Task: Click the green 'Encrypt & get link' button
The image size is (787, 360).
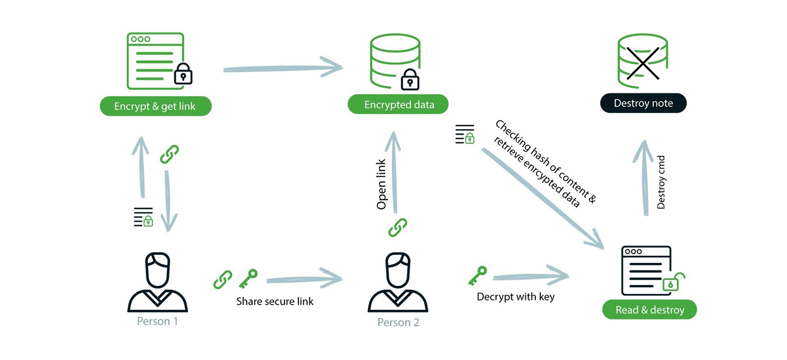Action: [156, 106]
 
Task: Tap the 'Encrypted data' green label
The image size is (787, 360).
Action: [398, 105]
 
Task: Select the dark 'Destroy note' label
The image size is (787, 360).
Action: [643, 103]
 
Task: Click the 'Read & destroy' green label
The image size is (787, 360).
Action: [650, 310]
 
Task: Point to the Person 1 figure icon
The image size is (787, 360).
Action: [158, 283]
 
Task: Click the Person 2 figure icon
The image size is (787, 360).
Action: [398, 283]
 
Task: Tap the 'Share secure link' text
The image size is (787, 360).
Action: [275, 301]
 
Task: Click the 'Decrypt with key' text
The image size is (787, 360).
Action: [516, 297]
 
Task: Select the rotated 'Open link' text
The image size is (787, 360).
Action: [381, 184]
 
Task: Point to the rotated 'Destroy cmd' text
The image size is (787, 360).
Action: [661, 182]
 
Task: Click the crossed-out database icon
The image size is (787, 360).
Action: [643, 61]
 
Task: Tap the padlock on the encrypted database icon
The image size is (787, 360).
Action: [410, 80]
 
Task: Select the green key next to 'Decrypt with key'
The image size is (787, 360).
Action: [478, 276]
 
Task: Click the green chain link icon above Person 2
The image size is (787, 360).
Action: [398, 228]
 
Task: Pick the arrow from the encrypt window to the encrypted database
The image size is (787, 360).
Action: [283, 68]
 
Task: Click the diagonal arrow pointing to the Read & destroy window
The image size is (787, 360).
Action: [542, 198]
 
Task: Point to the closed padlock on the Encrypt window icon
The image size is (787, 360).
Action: [183, 74]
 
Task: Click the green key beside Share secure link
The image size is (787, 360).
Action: [248, 279]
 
